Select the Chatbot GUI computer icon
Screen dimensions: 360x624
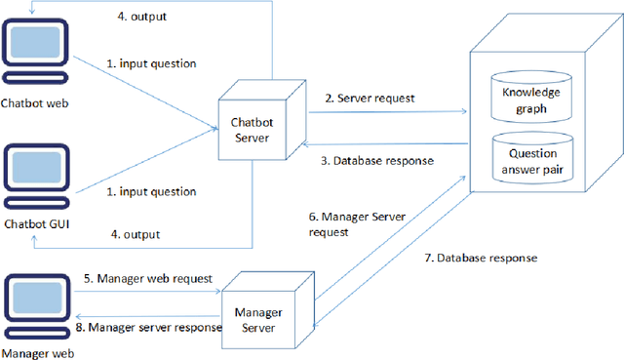tap(35, 180)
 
